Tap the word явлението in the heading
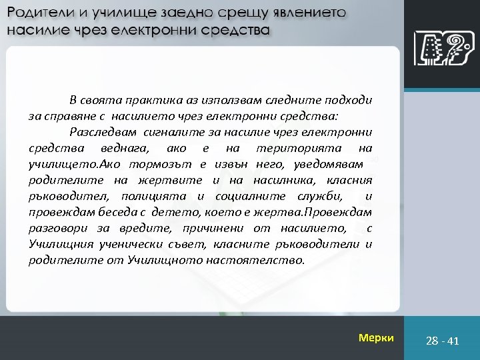[x=308, y=14]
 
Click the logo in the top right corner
[x=440, y=49]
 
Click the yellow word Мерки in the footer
[x=376, y=338]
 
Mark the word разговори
[x=57, y=228]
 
